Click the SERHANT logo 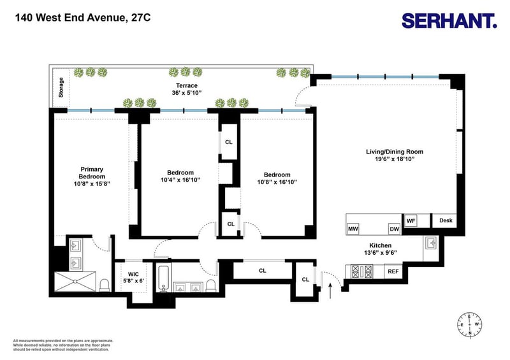[449, 21]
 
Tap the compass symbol [470, 324]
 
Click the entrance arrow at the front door [330, 291]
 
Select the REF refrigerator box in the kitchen [393, 271]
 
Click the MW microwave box [353, 229]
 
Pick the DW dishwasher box [394, 229]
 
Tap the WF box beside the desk [411, 221]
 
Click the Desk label [446, 220]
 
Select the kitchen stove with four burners [361, 271]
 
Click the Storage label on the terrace [61, 87]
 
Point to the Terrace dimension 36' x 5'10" [187, 92]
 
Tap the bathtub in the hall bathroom [163, 278]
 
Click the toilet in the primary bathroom [105, 285]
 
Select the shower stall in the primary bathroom [75, 281]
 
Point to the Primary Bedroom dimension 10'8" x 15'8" [92, 184]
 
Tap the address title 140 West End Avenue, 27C [83, 17]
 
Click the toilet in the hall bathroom [211, 285]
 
